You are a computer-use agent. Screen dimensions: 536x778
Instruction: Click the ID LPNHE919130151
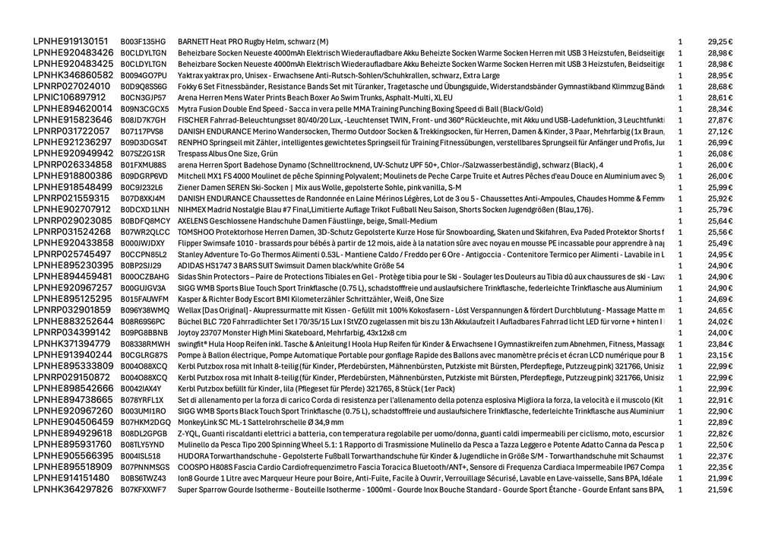(x=71, y=41)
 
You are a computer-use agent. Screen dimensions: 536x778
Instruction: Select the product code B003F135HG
(x=143, y=42)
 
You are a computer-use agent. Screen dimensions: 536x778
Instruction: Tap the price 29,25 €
(x=719, y=42)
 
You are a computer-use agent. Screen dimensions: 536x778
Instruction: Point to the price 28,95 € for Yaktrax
(x=719, y=75)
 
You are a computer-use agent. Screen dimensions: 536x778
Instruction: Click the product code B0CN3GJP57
(x=143, y=98)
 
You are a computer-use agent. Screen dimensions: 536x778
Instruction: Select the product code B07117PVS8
(x=142, y=132)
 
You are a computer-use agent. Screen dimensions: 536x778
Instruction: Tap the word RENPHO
(x=193, y=142)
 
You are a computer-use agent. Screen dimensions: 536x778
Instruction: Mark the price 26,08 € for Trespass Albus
(x=719, y=154)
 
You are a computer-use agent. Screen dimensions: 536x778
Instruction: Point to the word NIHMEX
(x=192, y=209)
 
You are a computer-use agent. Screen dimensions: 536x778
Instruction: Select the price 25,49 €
(x=719, y=243)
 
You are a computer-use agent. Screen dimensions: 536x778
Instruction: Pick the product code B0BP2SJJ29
(x=141, y=265)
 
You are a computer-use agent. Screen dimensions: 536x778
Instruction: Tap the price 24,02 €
(x=719, y=321)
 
